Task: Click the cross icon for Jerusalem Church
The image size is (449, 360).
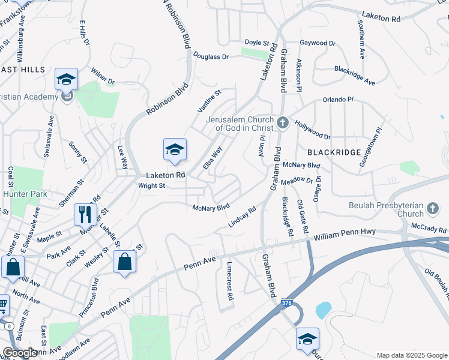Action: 283,124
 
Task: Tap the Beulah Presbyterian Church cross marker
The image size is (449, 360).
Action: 432,209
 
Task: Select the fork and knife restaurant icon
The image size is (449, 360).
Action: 85,214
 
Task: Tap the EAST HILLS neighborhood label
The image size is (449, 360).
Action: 22,70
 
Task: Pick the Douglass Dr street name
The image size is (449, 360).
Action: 211,56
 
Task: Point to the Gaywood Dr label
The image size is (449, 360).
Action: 318,43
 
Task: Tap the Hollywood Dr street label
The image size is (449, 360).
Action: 312,129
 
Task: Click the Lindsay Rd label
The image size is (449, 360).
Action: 243,217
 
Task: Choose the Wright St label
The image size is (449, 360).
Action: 151,186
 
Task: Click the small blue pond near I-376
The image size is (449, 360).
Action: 323,310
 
